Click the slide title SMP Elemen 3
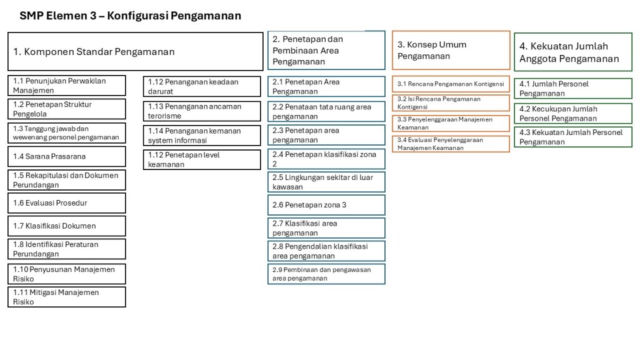coord(130,16)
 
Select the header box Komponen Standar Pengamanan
coord(135,52)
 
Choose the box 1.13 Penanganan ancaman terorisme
coord(202,111)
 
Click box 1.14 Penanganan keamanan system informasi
coord(202,136)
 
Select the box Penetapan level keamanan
coord(202,160)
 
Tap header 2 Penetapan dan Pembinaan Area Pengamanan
coord(326,51)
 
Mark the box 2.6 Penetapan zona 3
coord(326,205)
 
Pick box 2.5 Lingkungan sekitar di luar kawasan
coord(326,182)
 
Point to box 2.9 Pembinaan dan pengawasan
coord(326,274)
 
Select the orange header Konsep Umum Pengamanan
coord(451,51)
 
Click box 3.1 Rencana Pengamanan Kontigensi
coord(451,84)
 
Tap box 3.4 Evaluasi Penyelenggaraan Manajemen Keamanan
coord(451,144)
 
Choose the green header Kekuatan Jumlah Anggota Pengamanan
coord(572,52)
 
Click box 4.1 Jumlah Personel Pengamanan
coord(572,89)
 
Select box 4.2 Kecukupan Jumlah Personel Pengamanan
coord(572,114)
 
